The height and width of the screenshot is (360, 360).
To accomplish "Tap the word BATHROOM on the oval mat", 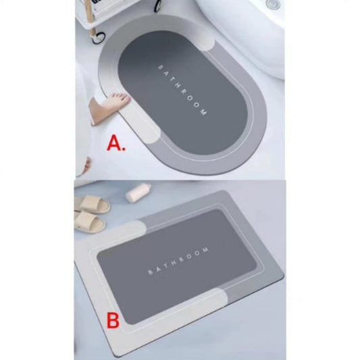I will click(182, 90).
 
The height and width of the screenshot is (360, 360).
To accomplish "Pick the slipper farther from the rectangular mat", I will click(91, 204).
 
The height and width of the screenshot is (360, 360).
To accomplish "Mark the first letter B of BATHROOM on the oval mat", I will click(159, 66).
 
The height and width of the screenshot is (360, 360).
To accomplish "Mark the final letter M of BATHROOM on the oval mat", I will click(204, 115).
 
